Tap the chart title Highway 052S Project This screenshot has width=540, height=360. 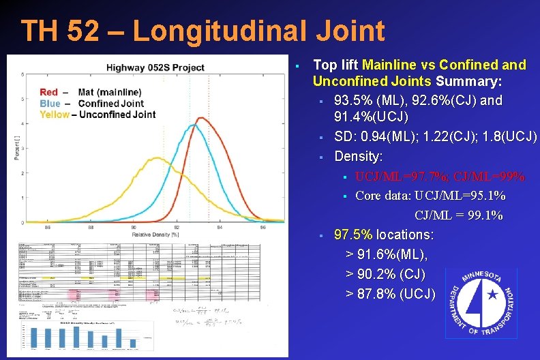[x=155, y=67]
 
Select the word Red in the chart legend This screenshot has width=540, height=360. [x=49, y=92]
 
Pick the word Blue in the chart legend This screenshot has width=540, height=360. [x=50, y=103]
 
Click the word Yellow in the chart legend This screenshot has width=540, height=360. [x=54, y=114]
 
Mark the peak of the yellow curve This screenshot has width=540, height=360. [x=157, y=158]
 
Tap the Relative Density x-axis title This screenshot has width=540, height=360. [x=155, y=234]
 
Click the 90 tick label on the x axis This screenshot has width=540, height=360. [x=134, y=227]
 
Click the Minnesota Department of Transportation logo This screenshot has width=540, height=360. [x=480, y=303]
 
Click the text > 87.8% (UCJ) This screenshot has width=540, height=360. [x=390, y=293]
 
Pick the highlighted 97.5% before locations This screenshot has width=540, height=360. [x=353, y=235]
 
